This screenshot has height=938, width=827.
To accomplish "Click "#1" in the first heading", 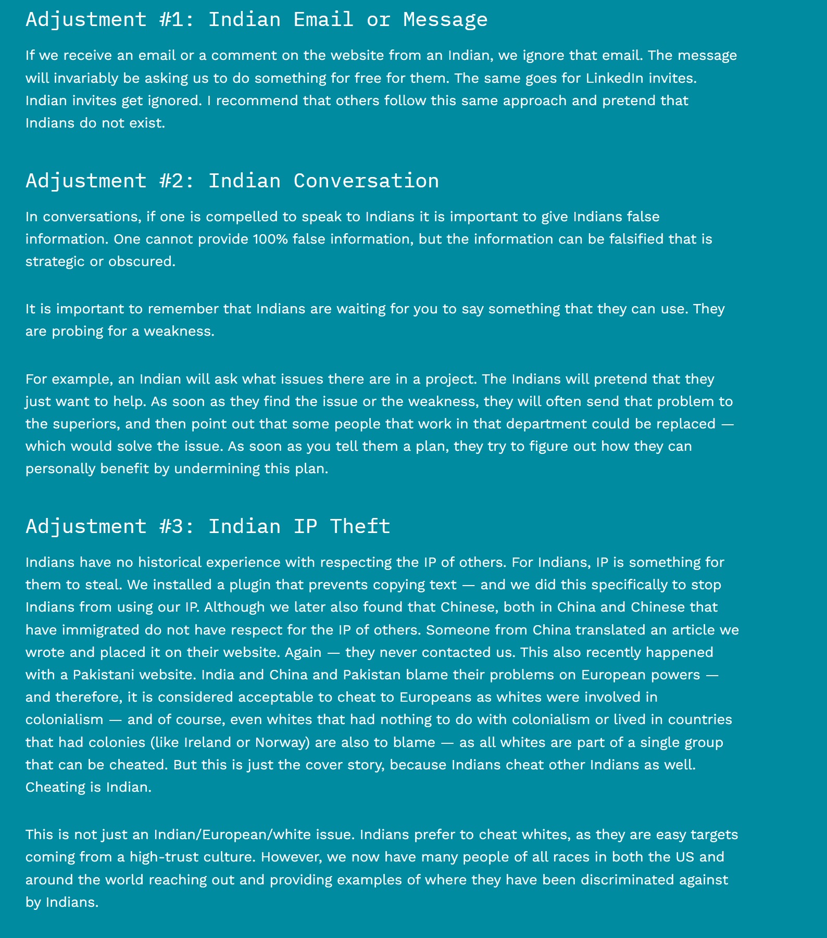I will (172, 20).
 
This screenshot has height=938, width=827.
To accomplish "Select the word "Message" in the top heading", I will (445, 20).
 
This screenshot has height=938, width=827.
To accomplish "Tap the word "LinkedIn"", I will (615, 78).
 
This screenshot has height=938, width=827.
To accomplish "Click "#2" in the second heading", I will (172, 181).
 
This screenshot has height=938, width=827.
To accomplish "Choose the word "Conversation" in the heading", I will (366, 181).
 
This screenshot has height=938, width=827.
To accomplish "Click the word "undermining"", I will (217, 469).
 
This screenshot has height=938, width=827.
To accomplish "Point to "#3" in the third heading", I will (172, 527).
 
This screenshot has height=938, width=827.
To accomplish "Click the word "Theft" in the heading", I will (360, 527).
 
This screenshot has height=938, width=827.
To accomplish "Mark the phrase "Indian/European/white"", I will (254, 835).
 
